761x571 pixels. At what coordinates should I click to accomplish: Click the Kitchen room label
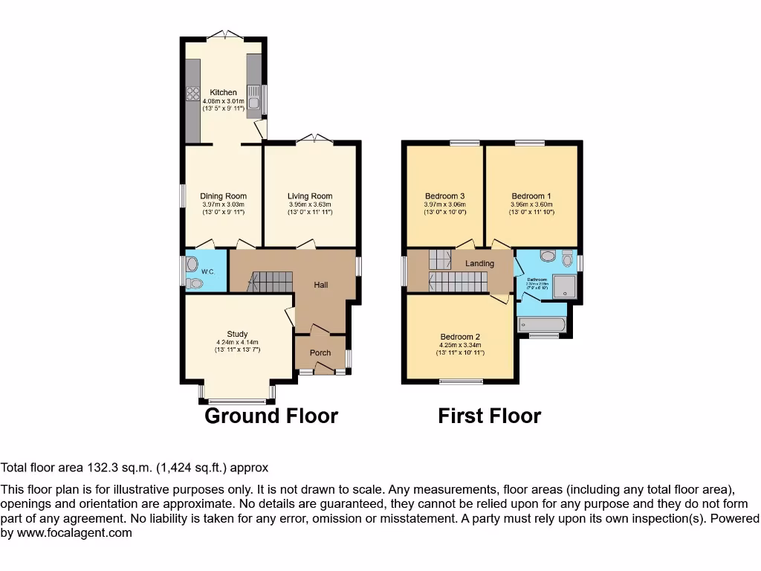(x=223, y=93)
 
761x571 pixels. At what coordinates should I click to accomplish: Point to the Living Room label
(x=310, y=196)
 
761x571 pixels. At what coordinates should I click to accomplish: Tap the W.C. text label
(x=208, y=272)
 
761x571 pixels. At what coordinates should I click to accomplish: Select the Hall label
(x=320, y=285)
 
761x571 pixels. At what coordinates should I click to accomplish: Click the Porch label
(x=320, y=352)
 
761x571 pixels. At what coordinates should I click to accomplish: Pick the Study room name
(x=237, y=334)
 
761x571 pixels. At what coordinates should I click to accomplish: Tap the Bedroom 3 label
(x=444, y=196)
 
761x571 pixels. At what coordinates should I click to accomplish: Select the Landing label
(x=479, y=263)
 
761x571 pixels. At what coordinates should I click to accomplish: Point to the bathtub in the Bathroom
(x=542, y=324)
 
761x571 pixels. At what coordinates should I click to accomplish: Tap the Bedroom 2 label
(x=460, y=335)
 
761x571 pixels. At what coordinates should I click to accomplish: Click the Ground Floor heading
(x=271, y=416)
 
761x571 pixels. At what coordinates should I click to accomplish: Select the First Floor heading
(x=489, y=416)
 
